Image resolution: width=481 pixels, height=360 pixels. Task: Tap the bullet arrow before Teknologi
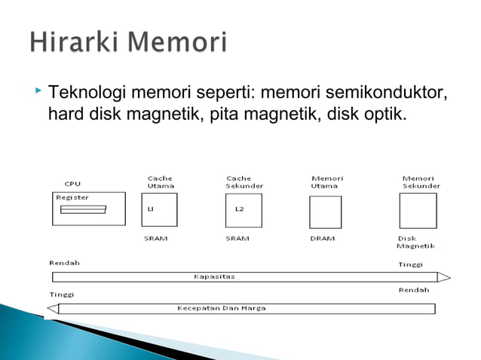pyautogui.click(x=38, y=92)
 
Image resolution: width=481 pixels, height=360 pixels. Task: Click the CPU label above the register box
pyautogui.click(x=72, y=183)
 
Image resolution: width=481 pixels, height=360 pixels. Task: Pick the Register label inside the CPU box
pyautogui.click(x=72, y=197)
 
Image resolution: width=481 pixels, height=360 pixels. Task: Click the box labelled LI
pyautogui.click(x=159, y=209)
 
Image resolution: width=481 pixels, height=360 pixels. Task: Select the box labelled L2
pyautogui.click(x=244, y=209)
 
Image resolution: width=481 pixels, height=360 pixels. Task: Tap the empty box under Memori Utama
pyautogui.click(x=325, y=212)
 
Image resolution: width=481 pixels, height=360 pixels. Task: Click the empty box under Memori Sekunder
pyautogui.click(x=418, y=210)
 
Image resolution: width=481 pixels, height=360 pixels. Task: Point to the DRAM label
pyautogui.click(x=322, y=238)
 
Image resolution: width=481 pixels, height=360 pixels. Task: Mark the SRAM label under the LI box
pyautogui.click(x=155, y=238)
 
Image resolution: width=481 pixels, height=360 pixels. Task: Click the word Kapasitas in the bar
pyautogui.click(x=214, y=276)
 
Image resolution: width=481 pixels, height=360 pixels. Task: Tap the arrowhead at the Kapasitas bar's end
pyautogui.click(x=444, y=276)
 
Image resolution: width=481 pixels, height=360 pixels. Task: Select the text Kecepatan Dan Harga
pyautogui.click(x=221, y=308)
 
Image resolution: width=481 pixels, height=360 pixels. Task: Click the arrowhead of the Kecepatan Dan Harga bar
pyautogui.click(x=52, y=308)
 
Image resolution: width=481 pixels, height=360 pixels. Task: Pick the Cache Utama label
pyautogui.click(x=160, y=182)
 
